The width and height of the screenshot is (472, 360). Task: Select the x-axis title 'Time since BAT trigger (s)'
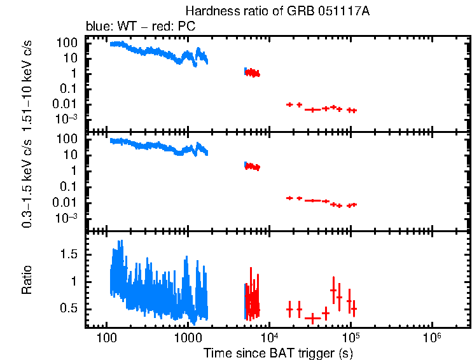278,352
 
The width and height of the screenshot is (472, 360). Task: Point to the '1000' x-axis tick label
187,336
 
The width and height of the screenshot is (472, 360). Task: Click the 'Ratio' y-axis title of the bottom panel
27,280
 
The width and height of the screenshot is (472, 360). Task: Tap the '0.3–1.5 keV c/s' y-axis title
27,181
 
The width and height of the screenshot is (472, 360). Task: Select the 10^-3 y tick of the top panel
67,119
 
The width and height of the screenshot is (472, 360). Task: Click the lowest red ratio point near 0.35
312,317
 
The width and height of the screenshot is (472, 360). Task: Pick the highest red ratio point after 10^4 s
333,290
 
